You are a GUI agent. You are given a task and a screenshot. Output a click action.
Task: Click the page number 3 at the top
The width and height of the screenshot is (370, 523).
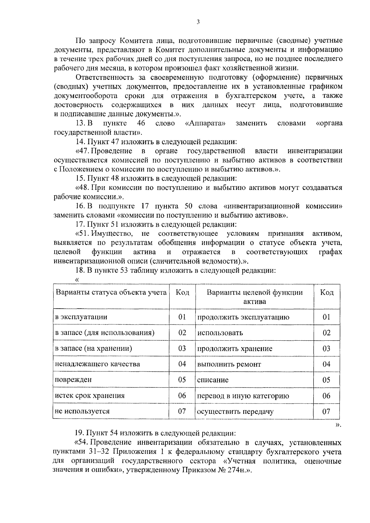coord(198,22)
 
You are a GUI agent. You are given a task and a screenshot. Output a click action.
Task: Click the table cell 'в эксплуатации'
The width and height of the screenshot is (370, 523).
coord(81,317)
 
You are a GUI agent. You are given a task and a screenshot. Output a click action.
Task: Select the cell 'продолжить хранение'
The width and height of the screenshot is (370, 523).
coord(235,349)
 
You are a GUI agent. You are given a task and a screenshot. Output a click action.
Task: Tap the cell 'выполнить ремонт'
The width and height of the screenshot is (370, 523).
coord(229,364)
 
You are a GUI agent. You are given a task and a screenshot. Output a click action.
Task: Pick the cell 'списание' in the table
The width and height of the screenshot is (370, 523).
coord(213,380)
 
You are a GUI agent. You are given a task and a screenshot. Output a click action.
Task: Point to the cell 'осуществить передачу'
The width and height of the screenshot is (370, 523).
coord(235,412)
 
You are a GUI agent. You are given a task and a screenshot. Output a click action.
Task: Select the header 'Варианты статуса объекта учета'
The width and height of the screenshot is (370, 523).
coord(111,292)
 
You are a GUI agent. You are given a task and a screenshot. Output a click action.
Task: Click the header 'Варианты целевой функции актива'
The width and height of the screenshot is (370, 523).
coord(254,297)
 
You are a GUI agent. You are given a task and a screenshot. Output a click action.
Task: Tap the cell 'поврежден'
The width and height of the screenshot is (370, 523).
coord(73,380)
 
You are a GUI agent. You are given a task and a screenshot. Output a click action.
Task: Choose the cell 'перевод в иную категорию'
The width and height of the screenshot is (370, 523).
coord(243,396)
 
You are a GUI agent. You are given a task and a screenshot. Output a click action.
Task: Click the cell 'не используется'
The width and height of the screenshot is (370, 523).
coord(82,412)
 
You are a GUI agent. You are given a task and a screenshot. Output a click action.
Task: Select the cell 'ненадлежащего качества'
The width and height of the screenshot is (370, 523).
coord(97,364)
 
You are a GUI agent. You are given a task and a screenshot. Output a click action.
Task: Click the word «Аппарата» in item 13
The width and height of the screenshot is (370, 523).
coord(205,124)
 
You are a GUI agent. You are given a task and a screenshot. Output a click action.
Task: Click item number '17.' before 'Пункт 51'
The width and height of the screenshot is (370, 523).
coord(80,225)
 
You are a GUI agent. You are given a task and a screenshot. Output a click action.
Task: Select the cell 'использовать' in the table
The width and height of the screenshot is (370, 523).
coord(220,333)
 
